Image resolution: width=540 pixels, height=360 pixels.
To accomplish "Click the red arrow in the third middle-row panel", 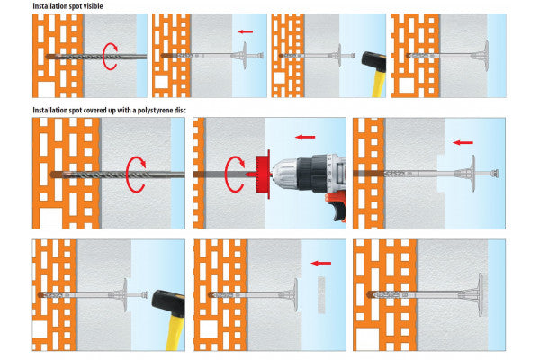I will pyautogui.click(x=463, y=142).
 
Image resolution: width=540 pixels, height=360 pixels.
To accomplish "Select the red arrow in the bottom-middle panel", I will pyautogui.click(x=319, y=265).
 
